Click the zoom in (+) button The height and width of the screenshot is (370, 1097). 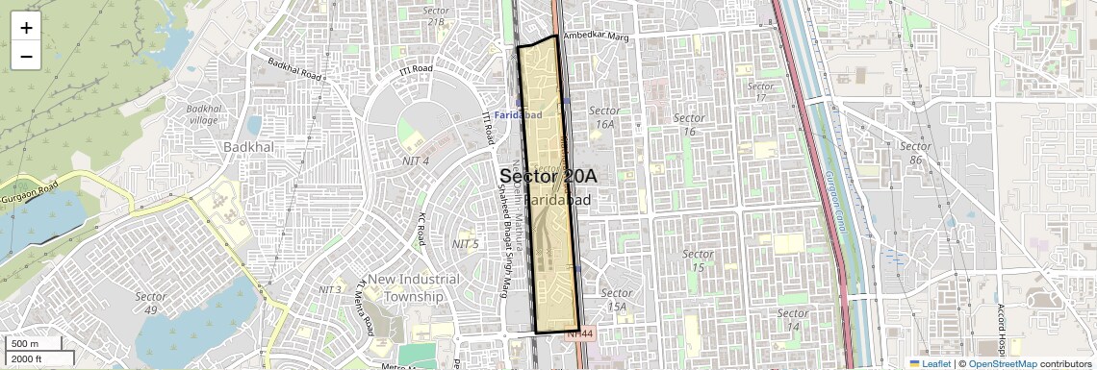pos(26,28)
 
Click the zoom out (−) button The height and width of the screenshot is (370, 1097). pos(26,56)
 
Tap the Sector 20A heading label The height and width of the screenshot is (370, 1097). pos(548,177)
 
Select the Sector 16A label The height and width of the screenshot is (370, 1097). pos(604,117)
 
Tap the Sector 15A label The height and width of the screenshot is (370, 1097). pos(617,300)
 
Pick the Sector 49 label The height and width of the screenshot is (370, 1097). pos(151,303)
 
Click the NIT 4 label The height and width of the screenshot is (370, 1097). pos(414,160)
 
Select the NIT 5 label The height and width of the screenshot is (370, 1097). pos(465,244)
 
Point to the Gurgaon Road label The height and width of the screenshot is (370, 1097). pos(29,186)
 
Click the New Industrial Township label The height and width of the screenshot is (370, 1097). pos(414,287)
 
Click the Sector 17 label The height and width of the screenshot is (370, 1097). pos(760,91)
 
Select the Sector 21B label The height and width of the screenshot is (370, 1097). pos(436,16)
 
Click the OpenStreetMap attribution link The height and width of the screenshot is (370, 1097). pos(1002,363)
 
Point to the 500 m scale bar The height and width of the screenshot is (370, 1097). pos(35,344)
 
